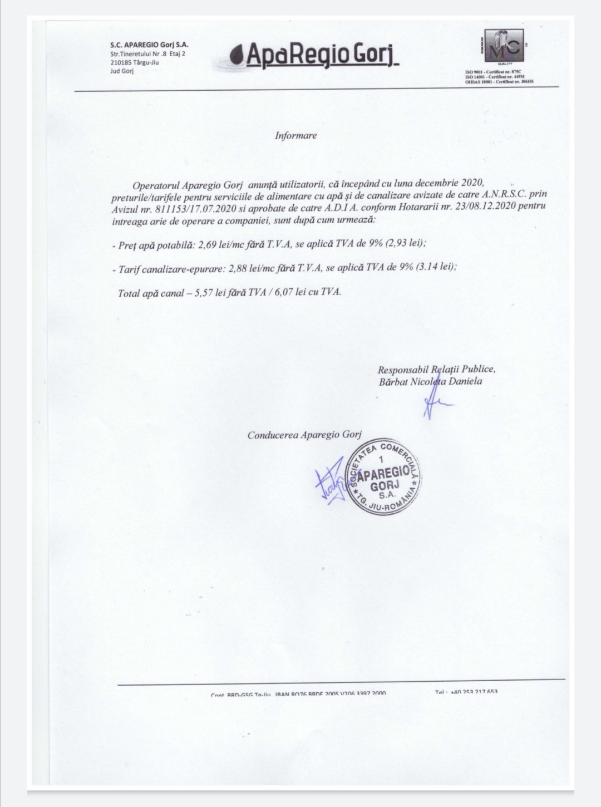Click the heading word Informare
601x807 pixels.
pyautogui.click(x=295, y=135)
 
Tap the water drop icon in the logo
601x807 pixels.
pyautogui.click(x=238, y=56)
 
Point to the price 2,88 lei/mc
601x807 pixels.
pyautogui.click(x=249, y=268)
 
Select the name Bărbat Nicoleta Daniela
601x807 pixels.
pyautogui.click(x=430, y=382)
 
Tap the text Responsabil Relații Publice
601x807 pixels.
pyautogui.click(x=436, y=370)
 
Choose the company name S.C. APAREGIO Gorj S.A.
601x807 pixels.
pyautogui.click(x=149, y=45)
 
